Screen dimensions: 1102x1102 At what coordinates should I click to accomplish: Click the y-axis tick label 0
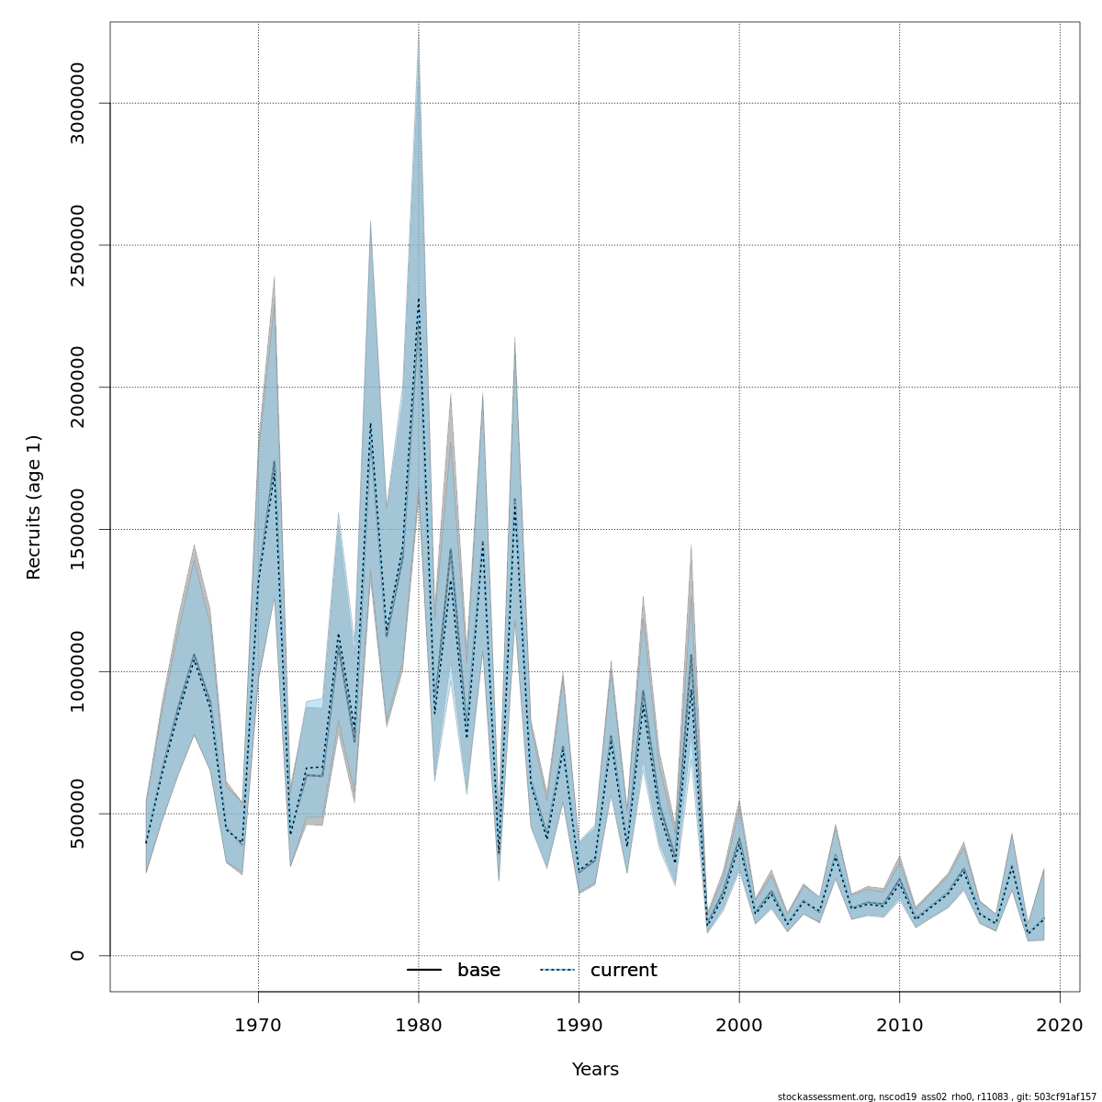tap(77, 955)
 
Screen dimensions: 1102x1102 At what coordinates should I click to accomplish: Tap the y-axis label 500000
tap(77, 814)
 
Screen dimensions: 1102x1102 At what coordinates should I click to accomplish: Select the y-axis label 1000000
tap(77, 671)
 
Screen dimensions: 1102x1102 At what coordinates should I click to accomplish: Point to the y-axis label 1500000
tap(77, 530)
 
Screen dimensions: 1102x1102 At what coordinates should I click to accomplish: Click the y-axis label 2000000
tap(77, 388)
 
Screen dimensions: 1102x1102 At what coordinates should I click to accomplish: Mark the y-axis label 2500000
tap(77, 245)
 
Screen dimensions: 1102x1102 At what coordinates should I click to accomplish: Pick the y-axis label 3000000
tap(77, 104)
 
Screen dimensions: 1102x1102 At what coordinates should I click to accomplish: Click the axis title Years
tap(595, 1070)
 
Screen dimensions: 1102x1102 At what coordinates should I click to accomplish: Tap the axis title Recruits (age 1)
tap(34, 507)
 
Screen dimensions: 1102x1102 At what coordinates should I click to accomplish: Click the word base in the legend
tap(478, 971)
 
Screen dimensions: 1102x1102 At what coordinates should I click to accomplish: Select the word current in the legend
tap(624, 971)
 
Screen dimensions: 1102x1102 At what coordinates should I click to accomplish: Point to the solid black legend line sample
tap(424, 971)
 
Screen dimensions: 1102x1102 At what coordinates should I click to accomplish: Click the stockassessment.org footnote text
tap(937, 1096)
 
